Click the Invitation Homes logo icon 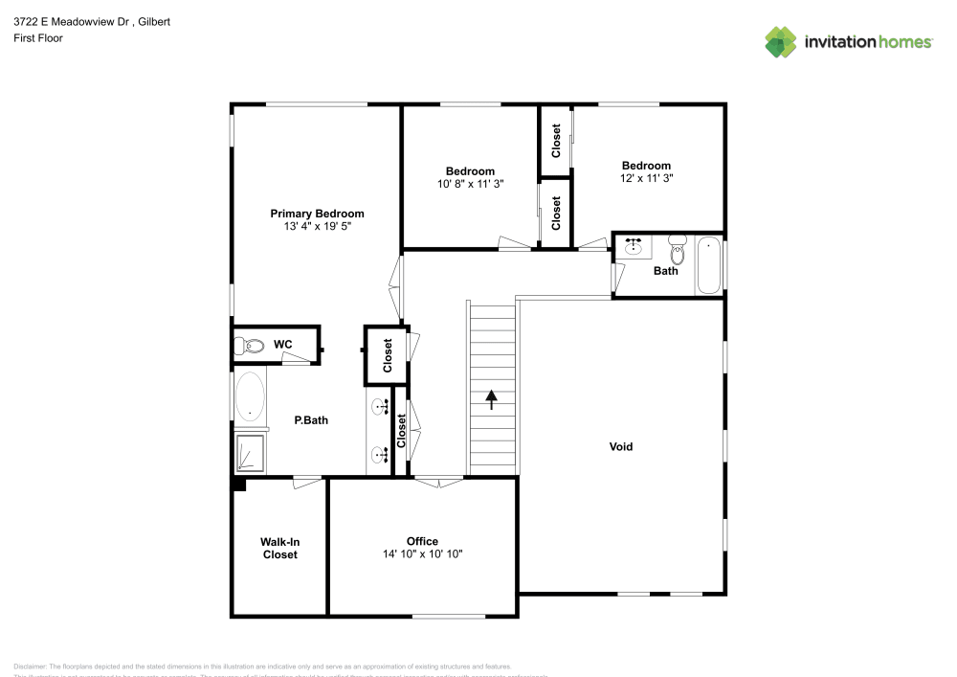tap(781, 41)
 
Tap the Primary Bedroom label tap(317, 214)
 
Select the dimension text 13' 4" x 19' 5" tap(317, 227)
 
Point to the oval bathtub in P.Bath tap(250, 395)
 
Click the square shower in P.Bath tap(251, 453)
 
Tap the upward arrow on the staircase tap(493, 399)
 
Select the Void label tap(621, 446)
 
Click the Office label tap(422, 541)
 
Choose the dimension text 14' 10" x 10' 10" tap(422, 554)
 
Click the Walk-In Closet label tap(279, 548)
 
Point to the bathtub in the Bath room tap(708, 265)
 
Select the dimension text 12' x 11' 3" tap(646, 178)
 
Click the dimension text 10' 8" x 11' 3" tap(470, 184)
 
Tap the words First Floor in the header tap(38, 38)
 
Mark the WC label tap(282, 344)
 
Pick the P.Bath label tap(311, 419)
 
